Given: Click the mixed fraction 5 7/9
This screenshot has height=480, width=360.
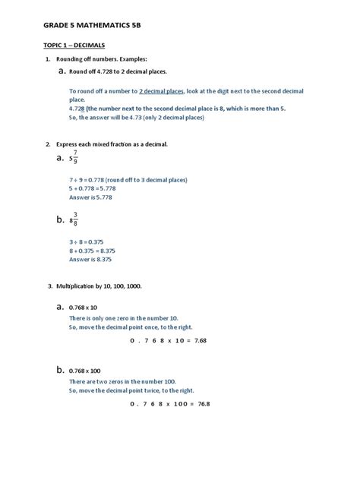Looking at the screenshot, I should (x=73, y=158).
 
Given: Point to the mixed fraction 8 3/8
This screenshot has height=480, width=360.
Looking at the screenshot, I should (x=73, y=219).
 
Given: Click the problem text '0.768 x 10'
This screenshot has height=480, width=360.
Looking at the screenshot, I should (x=85, y=308).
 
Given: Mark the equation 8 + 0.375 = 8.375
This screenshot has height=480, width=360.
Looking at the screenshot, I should (x=92, y=250).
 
